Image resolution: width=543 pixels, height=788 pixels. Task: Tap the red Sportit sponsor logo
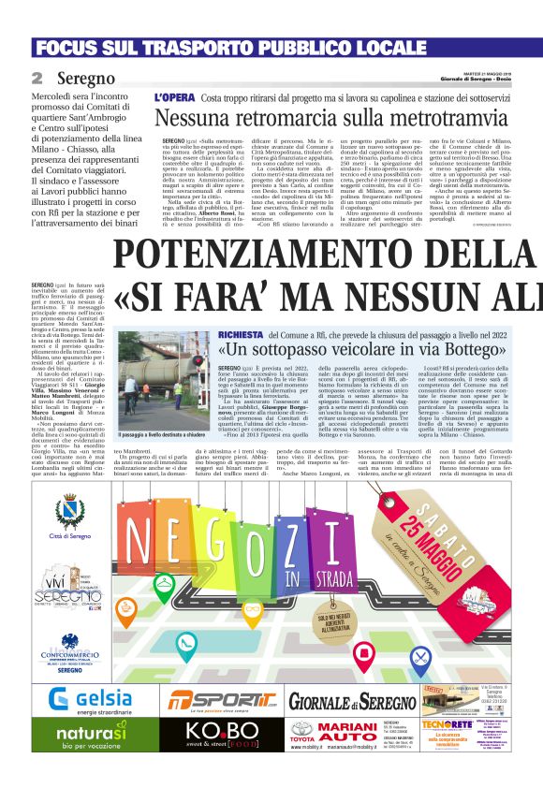[x=218, y=702]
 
